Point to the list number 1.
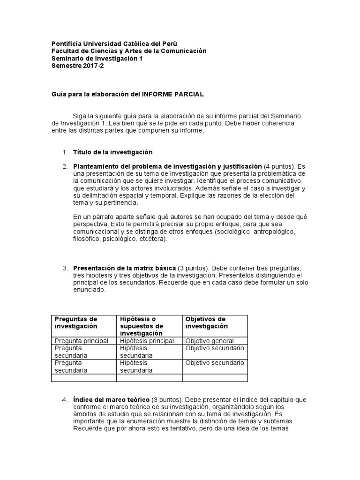(64, 152)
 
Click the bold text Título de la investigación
(113, 152)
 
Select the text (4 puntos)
(280, 166)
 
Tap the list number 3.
(64, 268)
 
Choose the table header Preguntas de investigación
(76, 322)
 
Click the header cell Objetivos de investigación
(205, 322)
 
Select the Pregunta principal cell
(82, 341)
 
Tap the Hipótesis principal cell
(147, 341)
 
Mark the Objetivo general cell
(209, 341)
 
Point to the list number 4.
(64, 400)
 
